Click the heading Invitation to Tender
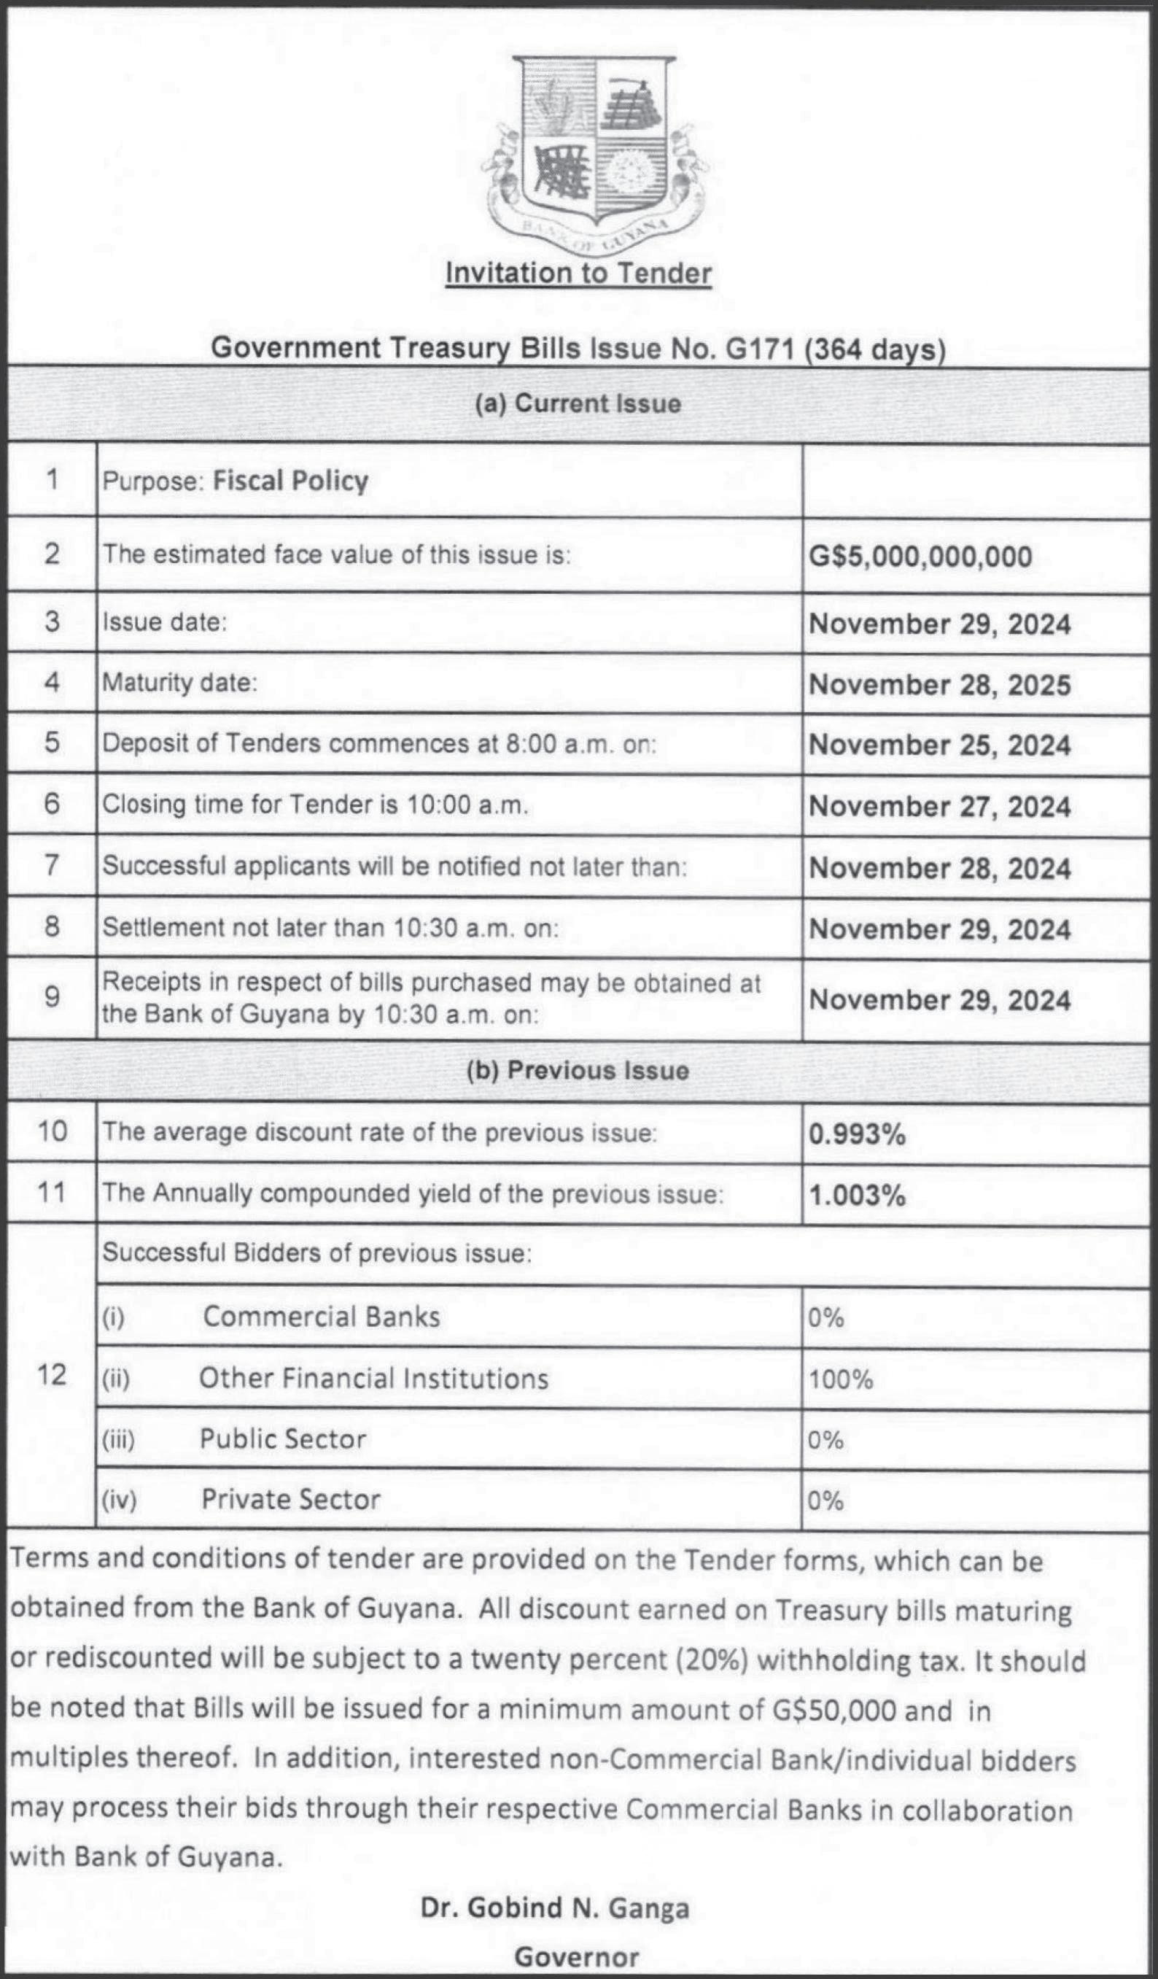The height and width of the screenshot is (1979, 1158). click(x=578, y=274)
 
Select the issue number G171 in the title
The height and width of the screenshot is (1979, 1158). click(x=758, y=348)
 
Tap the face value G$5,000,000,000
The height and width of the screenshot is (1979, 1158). click(x=920, y=556)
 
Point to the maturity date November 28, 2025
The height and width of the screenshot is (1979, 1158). click(x=940, y=685)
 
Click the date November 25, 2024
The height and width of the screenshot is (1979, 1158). click(x=940, y=745)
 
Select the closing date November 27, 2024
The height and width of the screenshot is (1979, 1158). click(x=940, y=807)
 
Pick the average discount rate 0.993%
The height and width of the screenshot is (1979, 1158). click(x=858, y=1134)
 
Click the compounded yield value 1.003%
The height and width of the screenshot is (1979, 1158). click(x=858, y=1196)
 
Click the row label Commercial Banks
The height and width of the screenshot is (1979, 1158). click(x=321, y=1317)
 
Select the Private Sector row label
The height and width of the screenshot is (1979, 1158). click(x=290, y=1499)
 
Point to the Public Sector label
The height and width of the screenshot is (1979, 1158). click(x=283, y=1438)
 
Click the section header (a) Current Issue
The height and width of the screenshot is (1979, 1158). click(x=578, y=403)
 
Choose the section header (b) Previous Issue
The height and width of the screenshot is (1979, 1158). click(x=578, y=1070)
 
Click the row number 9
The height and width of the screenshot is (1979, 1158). click(x=52, y=997)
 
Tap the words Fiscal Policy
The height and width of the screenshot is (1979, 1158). click(x=290, y=481)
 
